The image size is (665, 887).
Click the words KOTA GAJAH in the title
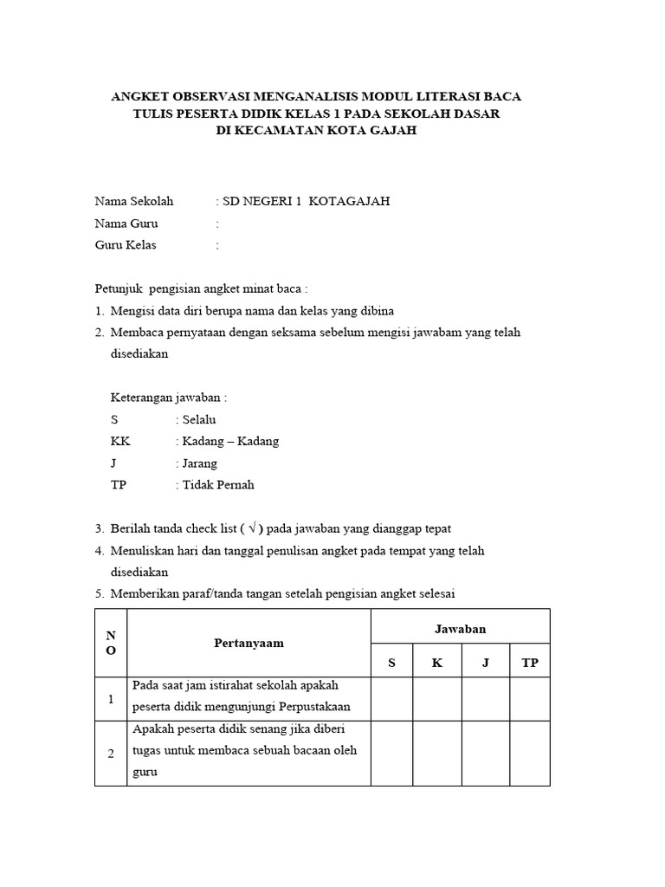378,131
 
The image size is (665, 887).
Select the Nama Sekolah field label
134,201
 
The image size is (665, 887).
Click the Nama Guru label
126,223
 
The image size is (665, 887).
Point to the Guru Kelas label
126,245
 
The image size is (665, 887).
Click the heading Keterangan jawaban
169,398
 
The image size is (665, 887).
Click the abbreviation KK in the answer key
120,441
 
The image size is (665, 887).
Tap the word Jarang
198,463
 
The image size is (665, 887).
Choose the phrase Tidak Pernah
217,485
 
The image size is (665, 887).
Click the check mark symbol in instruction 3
252,528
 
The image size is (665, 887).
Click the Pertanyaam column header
249,644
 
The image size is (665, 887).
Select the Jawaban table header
460,630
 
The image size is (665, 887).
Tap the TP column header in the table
530,663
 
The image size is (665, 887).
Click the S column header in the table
391,663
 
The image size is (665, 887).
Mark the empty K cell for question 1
437,699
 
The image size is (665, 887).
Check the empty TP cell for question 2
530,753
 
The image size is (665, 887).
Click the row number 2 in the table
111,754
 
